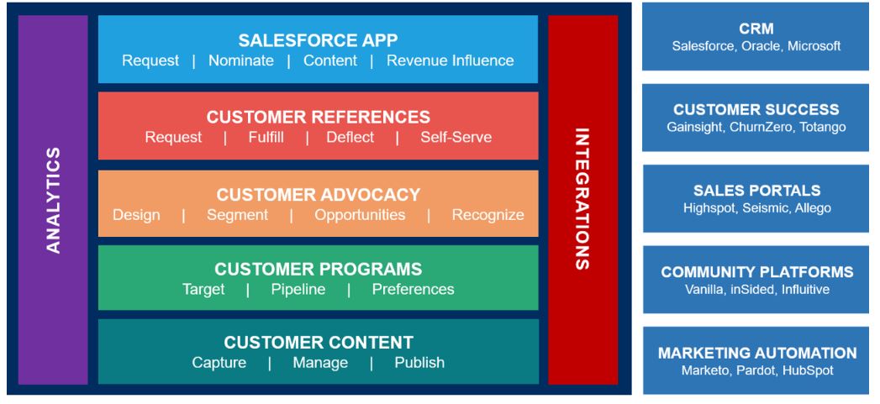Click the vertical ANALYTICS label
[52, 200]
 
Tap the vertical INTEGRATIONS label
[582, 200]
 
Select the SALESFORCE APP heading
[318, 40]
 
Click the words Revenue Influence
[450, 60]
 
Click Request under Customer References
[173, 137]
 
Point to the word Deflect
[350, 137]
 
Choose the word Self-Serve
[456, 137]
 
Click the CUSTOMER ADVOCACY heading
[318, 195]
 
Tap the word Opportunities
[360, 215]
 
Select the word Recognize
[487, 215]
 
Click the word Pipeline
[298, 290]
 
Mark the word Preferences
[413, 290]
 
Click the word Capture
[219, 363]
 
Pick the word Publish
[419, 363]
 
